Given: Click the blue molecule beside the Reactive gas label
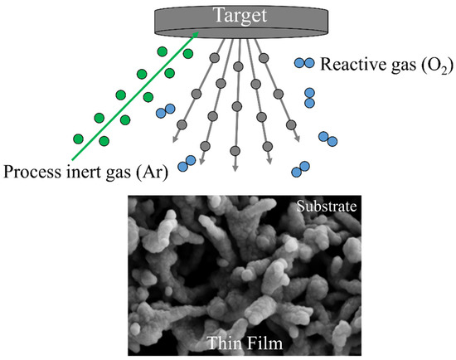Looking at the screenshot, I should coord(303,62).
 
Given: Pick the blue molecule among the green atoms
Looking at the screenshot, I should coord(166,109).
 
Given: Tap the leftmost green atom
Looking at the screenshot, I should coord(78,138).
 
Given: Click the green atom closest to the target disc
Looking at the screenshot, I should coord(188,55).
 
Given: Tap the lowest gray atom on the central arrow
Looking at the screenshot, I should coord(235,152).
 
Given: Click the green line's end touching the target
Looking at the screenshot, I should coord(198,33).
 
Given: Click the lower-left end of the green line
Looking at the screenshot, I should coord(72,160).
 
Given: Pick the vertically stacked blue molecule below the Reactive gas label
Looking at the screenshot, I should coord(310,97).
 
